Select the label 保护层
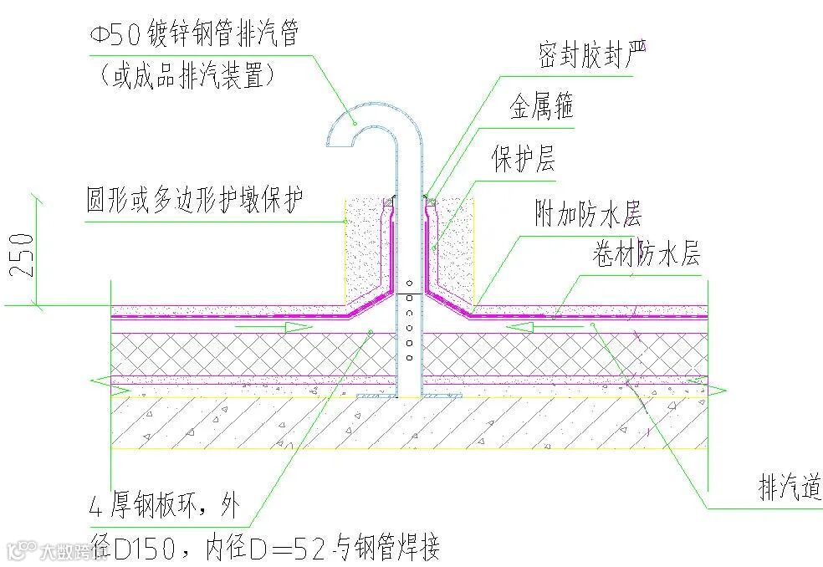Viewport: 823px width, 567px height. (524, 158)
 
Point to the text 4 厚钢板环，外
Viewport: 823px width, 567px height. (164, 505)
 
